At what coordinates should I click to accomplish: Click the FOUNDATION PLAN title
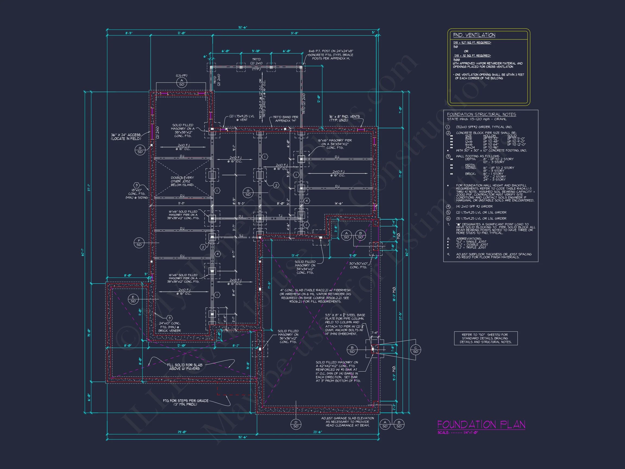[x=481, y=424]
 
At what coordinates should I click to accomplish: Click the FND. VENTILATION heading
[x=474, y=35]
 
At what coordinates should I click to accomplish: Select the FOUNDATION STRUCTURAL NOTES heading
[x=481, y=115]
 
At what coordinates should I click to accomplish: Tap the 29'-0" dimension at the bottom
[x=182, y=432]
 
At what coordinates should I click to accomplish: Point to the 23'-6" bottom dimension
[x=318, y=432]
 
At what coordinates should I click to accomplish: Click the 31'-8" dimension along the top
[x=294, y=33]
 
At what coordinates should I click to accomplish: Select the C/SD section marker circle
[x=415, y=350]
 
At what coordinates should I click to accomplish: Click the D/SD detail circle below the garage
[x=296, y=424]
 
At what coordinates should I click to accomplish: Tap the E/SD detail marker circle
[x=133, y=299]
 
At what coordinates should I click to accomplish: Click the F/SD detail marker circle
[x=139, y=243]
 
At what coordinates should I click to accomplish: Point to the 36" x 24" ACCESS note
[x=126, y=137]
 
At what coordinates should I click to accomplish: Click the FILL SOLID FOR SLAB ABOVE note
[x=184, y=367]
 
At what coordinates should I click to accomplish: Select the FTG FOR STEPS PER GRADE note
[x=186, y=402]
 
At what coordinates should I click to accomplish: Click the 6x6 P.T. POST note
[x=331, y=55]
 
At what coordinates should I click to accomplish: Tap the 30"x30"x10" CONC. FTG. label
[x=358, y=265]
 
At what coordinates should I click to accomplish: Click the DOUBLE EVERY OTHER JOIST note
[x=182, y=181]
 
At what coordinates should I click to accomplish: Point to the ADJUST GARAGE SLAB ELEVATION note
[x=347, y=422]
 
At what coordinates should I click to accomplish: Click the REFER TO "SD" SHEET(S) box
[x=486, y=338]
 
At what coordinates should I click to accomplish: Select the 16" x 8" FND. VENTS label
[x=344, y=118]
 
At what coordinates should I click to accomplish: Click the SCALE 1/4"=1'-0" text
[x=457, y=433]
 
